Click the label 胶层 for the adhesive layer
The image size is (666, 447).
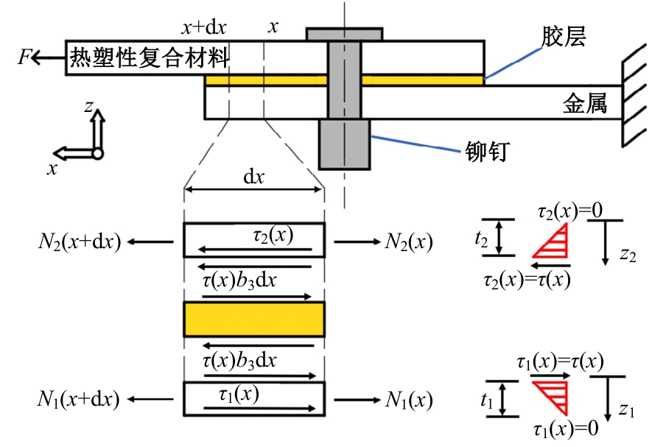point(563,37)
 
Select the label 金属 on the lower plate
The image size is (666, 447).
point(586,104)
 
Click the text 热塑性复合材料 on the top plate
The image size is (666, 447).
point(150,57)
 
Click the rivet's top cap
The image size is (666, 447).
point(344,34)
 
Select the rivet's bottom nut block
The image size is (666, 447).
point(343,144)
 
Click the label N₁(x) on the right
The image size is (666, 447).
point(408,401)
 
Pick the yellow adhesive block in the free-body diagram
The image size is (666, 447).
point(253,319)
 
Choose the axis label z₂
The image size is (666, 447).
point(628,255)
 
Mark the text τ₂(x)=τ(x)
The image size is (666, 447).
point(527,279)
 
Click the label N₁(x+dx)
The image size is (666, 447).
point(78,401)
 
